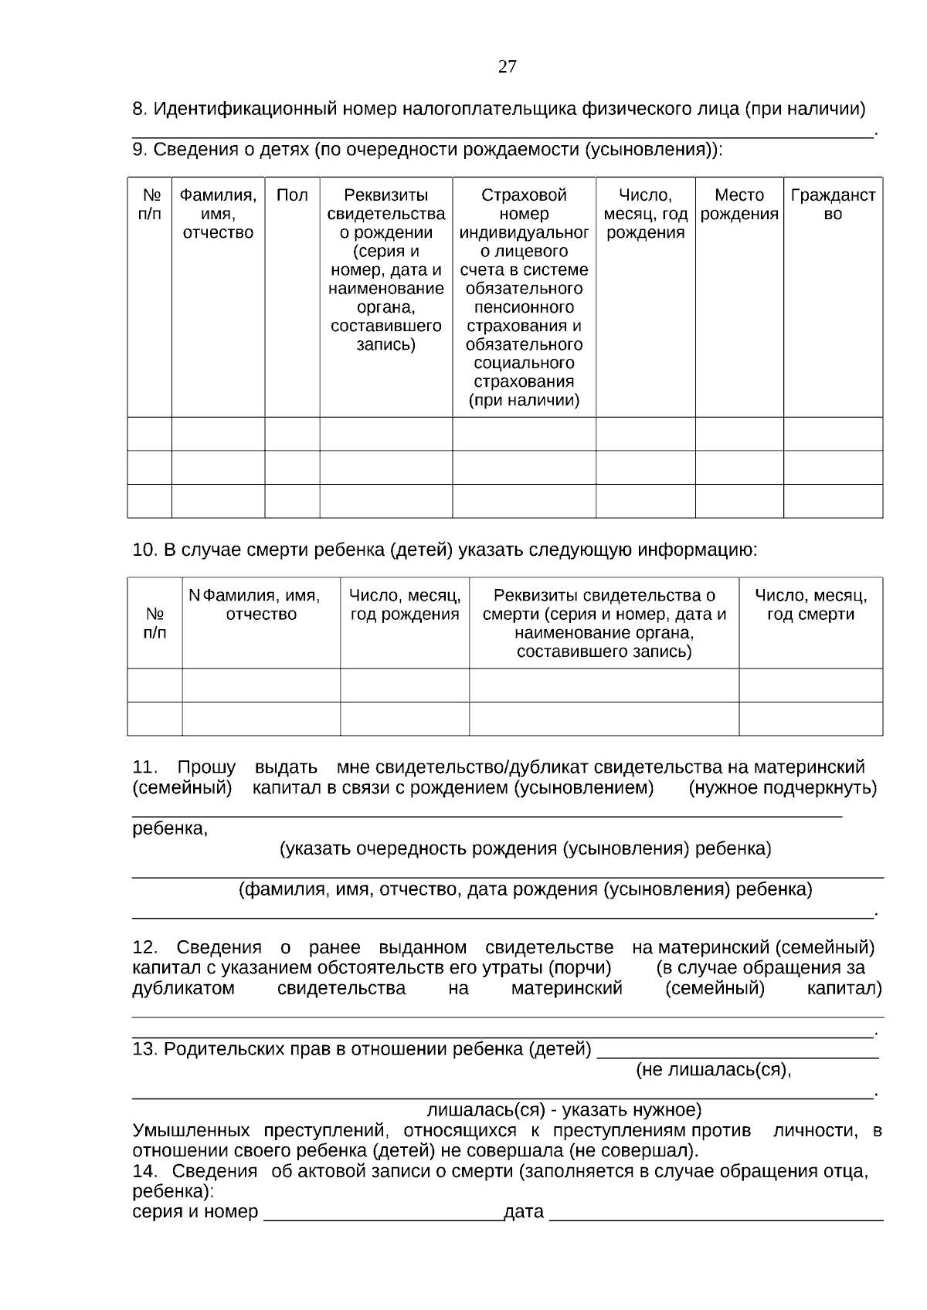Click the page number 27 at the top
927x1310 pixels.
pyautogui.click(x=508, y=66)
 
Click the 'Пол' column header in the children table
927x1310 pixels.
pyautogui.click(x=292, y=195)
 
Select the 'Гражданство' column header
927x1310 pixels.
pyautogui.click(x=833, y=205)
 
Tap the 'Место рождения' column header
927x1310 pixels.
pyautogui.click(x=739, y=205)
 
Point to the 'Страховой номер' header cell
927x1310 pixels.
pyautogui.click(x=524, y=297)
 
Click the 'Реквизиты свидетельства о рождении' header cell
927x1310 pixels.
pyautogui.click(x=385, y=269)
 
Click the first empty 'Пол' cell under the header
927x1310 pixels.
pyautogui.click(x=292, y=434)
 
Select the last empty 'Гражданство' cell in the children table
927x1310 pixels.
pyautogui.click(x=833, y=500)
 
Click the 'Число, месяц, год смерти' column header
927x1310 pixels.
pyautogui.click(x=810, y=605)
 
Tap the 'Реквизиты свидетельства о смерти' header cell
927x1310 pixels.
pyautogui.click(x=603, y=624)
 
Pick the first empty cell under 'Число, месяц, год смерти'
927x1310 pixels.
pyautogui.click(x=810, y=685)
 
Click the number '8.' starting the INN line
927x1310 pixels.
pyautogui.click(x=140, y=109)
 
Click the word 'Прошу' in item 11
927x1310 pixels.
pyautogui.click(x=206, y=767)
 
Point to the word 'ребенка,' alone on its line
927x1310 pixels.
pyautogui.click(x=170, y=829)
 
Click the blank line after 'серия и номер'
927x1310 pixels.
pyautogui.click(x=383, y=1213)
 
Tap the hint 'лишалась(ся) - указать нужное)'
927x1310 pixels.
pyautogui.click(x=564, y=1110)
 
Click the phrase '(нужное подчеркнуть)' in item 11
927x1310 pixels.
pyautogui.click(x=783, y=788)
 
